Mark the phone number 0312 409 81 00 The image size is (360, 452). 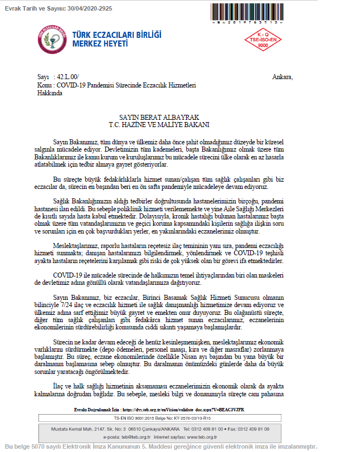(201, 429)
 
